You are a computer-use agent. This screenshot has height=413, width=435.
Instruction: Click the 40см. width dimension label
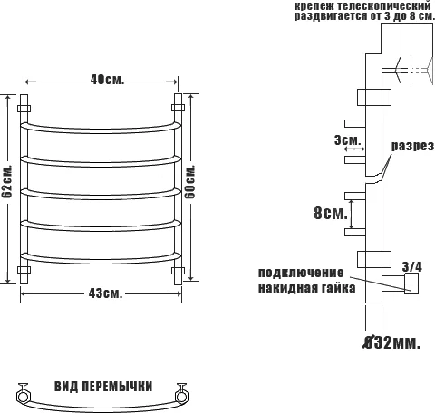click(x=106, y=80)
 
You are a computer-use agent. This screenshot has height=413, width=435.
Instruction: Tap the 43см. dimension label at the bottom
click(x=106, y=293)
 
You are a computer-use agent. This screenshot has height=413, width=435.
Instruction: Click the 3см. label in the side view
click(x=347, y=140)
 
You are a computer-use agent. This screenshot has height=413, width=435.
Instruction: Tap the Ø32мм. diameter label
click(x=392, y=343)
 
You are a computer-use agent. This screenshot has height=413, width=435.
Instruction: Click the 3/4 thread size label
click(x=411, y=266)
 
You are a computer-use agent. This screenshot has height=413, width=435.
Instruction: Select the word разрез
click(x=412, y=146)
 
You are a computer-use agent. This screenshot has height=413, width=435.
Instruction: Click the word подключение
click(x=301, y=273)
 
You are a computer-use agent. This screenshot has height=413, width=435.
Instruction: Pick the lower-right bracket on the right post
click(x=178, y=270)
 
